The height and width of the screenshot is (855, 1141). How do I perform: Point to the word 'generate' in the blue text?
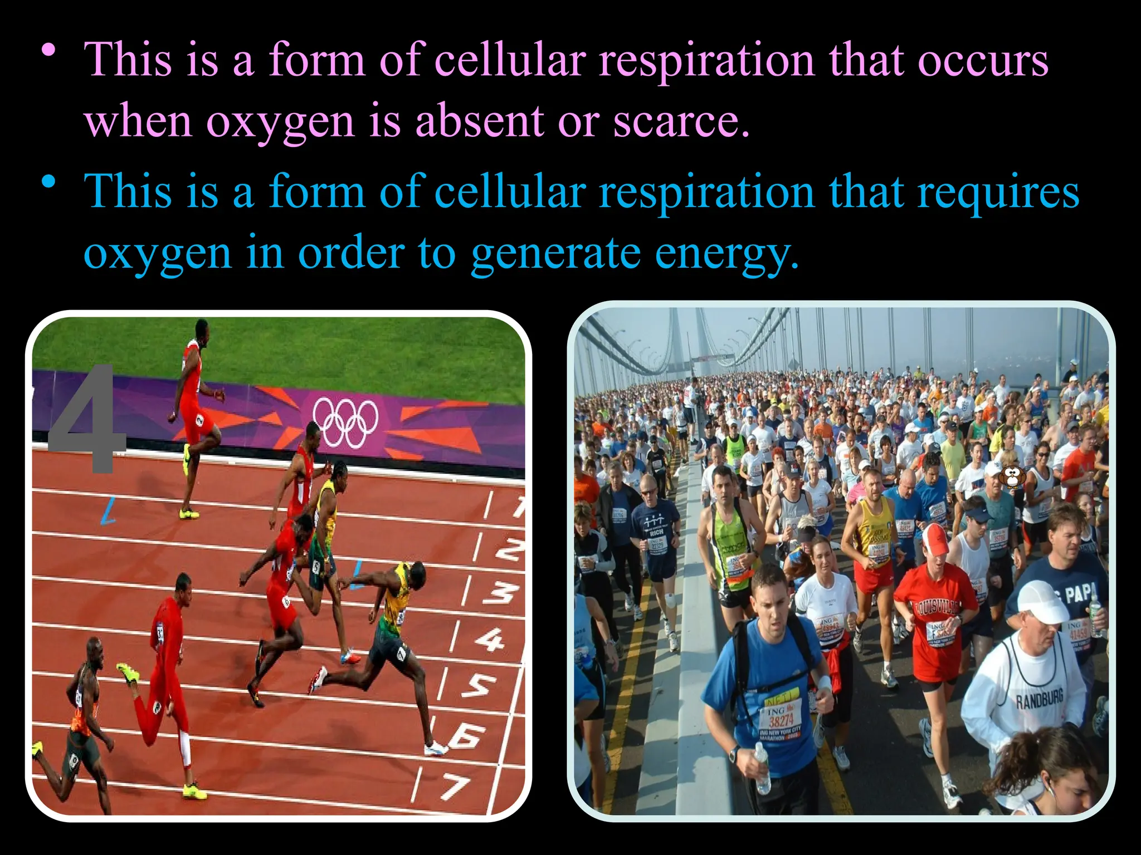[555, 253]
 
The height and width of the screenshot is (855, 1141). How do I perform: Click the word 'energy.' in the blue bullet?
[726, 253]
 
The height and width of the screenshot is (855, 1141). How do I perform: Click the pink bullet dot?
[50, 50]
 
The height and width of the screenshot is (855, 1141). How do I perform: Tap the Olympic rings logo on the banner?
[345, 422]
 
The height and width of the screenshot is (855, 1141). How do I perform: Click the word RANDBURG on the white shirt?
[1039, 699]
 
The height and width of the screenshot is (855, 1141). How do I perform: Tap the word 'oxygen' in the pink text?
[280, 120]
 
